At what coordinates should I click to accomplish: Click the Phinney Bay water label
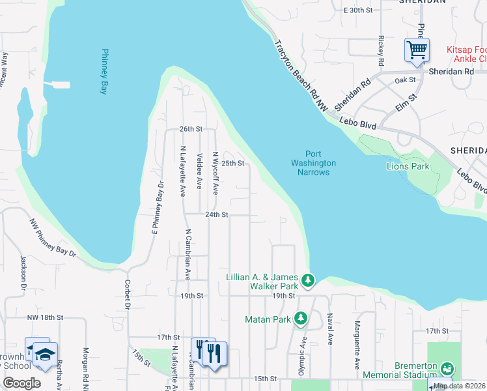click(103, 72)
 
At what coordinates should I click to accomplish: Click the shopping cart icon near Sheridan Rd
click(417, 50)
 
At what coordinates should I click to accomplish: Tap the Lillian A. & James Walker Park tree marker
click(308, 281)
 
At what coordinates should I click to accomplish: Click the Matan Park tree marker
click(300, 319)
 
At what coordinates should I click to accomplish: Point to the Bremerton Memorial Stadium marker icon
click(447, 369)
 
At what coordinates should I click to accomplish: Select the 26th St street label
click(191, 129)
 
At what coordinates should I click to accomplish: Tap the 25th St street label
click(232, 163)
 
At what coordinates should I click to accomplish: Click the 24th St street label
click(217, 214)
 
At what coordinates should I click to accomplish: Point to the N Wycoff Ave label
click(215, 173)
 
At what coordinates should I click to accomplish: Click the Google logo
click(21, 383)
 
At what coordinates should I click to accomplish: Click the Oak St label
click(405, 80)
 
